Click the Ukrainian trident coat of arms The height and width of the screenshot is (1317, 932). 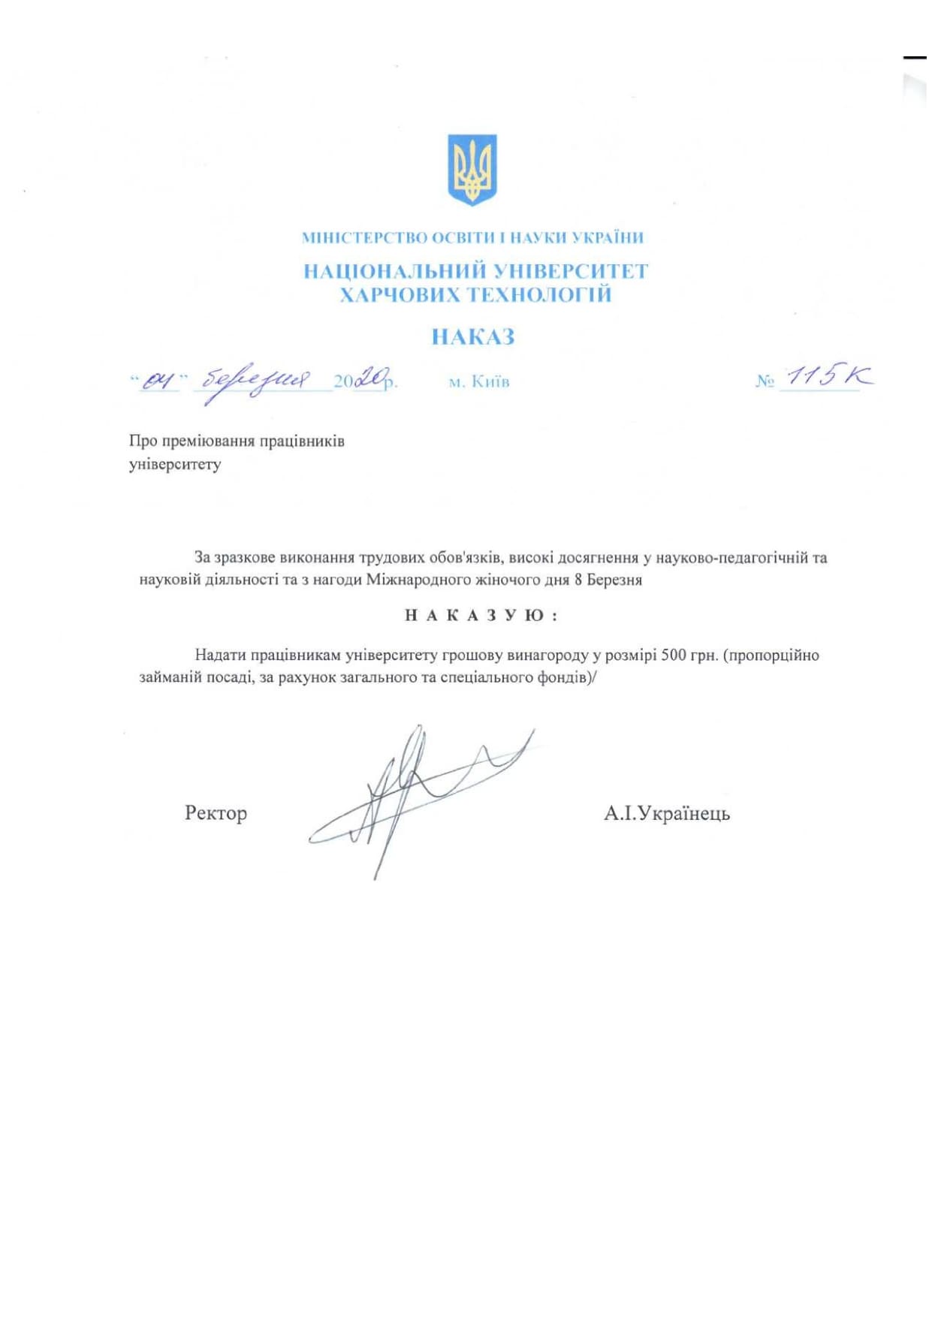pos(472,169)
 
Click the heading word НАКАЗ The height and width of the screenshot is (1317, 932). pos(472,337)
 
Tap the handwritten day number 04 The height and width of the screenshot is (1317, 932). pos(158,381)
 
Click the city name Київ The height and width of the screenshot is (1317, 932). pos(490,382)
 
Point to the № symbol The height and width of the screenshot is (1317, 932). pos(765,381)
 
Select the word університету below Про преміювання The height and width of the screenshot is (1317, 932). pos(175,464)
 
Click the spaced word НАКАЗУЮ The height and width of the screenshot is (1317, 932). pos(481,616)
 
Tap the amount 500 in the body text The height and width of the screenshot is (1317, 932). pos(674,655)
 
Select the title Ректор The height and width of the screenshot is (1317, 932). pos(216,813)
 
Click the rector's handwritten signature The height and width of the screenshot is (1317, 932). pos(421,796)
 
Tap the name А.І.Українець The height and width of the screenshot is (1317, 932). pos(667,813)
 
